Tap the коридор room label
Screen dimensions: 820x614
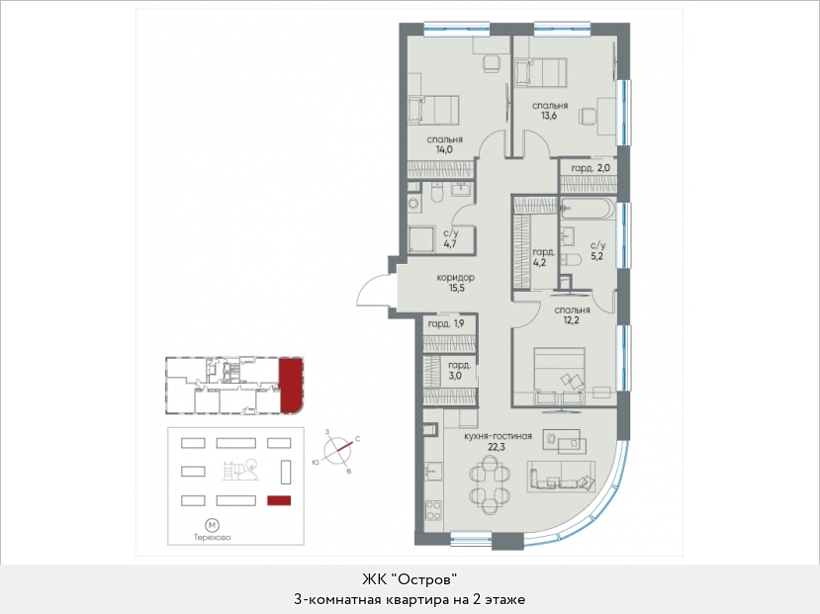[x=455, y=278]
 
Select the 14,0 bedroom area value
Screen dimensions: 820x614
[x=444, y=149]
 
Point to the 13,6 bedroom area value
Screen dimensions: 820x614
[x=549, y=116]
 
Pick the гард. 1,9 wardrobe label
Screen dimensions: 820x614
[x=446, y=324]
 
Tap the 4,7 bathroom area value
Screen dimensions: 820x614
[x=450, y=243]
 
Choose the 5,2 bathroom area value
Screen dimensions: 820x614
[x=597, y=256]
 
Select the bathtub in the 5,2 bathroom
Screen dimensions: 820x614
[x=587, y=209]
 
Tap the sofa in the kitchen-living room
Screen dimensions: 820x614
[x=562, y=477]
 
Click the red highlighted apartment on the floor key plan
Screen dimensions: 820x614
[x=290, y=384]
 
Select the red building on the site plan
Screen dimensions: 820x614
[x=279, y=500]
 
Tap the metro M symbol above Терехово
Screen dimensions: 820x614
[x=212, y=525]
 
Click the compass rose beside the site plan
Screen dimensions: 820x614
[x=336, y=450]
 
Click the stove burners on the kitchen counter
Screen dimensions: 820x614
[x=434, y=510]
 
